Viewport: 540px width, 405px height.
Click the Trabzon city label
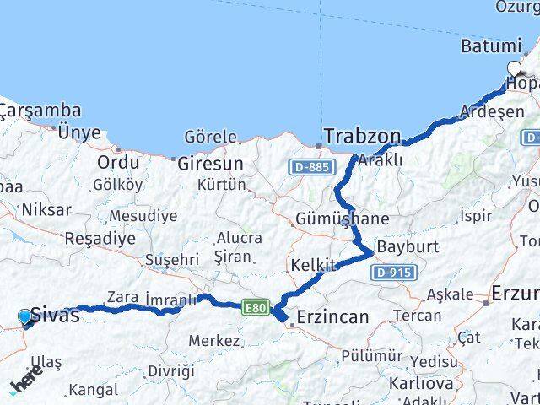[362, 136]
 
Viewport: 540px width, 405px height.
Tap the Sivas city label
[56, 316]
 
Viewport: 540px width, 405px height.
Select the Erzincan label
[331, 318]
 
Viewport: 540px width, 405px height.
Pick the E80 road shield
[256, 308]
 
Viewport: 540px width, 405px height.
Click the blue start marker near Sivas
[25, 317]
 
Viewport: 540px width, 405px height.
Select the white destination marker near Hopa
[514, 69]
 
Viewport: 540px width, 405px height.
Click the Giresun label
[210, 164]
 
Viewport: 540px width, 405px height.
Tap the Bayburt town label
[408, 247]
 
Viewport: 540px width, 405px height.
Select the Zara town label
[122, 297]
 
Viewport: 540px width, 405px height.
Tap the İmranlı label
[170, 300]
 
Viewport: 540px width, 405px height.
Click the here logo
[25, 384]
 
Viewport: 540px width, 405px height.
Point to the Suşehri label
[172, 260]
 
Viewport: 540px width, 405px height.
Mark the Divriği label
[170, 371]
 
